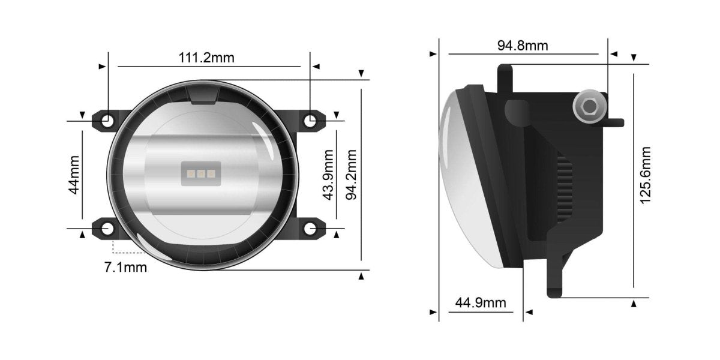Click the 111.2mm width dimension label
pos(206,58)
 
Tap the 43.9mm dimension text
pos(328,175)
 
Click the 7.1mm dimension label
pos(125,267)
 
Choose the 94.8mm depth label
pos(523,45)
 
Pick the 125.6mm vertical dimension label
pos(646,175)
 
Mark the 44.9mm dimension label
pos(481,302)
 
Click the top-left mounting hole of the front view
pos(107,121)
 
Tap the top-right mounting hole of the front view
pos(310,121)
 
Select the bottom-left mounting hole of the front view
pos(107,228)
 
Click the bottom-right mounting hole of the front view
pos(310,228)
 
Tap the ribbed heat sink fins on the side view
pos(564,186)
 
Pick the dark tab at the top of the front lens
pos(202,94)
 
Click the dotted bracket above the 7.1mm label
pos(121,248)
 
